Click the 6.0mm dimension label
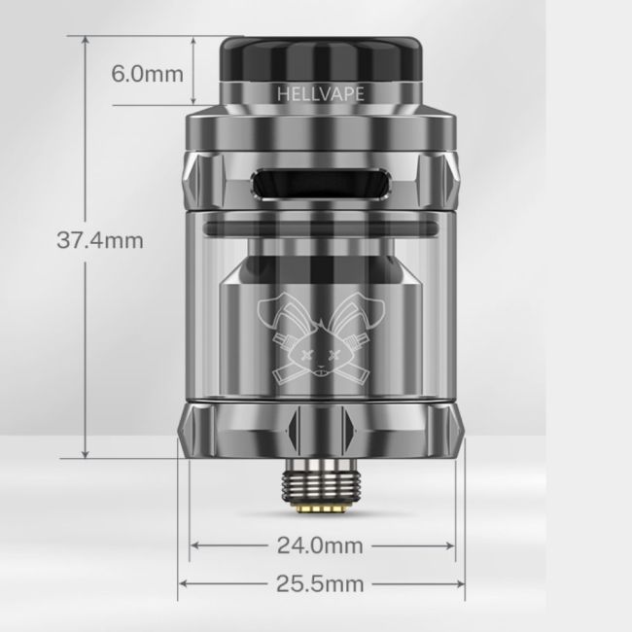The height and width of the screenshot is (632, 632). [148, 74]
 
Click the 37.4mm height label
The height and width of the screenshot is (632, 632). [100, 240]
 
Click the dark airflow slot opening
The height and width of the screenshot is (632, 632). [322, 182]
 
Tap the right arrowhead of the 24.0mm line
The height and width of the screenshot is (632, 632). [452, 546]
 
